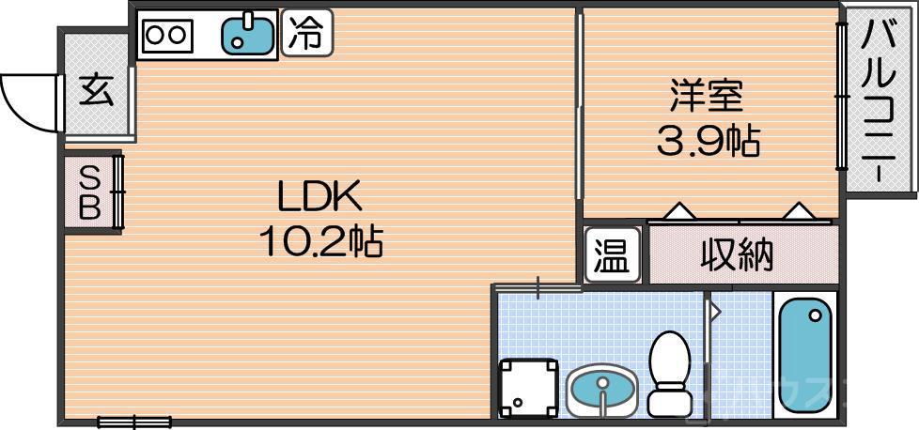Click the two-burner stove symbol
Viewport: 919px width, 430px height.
coord(167,35)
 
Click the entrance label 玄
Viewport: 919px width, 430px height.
coord(95,91)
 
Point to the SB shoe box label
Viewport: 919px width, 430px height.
coord(89,192)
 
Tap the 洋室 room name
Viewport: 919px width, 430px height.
coord(707,97)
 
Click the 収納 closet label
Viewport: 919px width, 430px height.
coord(737,254)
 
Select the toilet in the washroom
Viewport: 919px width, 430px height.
coord(670,372)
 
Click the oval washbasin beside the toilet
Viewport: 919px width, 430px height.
coord(601,389)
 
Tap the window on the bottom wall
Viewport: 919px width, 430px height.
coord(135,422)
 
